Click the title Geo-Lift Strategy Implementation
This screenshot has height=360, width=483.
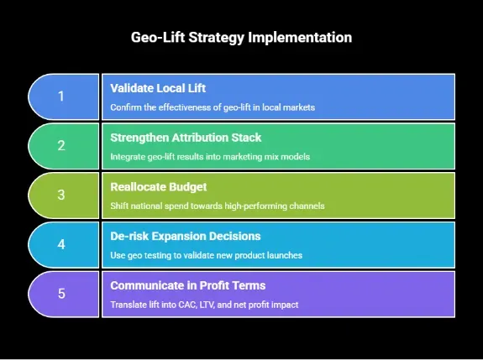(241, 38)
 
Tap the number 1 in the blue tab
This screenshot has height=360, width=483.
(60, 97)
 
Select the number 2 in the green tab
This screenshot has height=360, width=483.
(60, 146)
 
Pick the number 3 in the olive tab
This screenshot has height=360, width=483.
(60, 196)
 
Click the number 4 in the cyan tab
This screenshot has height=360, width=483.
(60, 245)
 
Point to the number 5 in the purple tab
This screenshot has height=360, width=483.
(60, 294)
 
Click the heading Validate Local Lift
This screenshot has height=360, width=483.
(158, 88)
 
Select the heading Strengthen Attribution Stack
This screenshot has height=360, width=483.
(185, 137)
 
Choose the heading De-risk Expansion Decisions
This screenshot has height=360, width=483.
(186, 236)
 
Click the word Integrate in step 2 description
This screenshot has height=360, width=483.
(129, 157)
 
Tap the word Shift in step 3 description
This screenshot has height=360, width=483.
(120, 206)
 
